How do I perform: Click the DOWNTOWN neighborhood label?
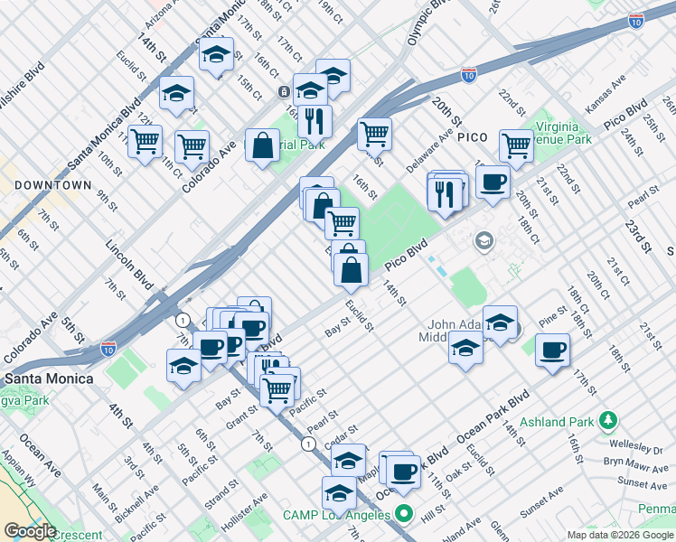[52, 184]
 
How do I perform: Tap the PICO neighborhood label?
[472, 136]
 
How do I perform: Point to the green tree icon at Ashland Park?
[610, 420]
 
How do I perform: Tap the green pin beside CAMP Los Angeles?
[405, 516]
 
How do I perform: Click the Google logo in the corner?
[29, 531]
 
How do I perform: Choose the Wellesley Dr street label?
[634, 447]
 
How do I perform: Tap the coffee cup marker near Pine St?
[551, 350]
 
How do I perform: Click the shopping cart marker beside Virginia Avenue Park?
[516, 145]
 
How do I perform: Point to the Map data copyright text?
[621, 535]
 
